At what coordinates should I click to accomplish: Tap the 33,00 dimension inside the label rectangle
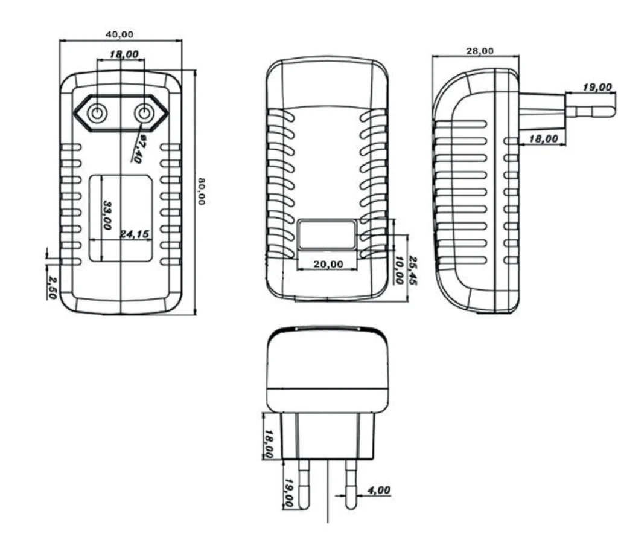click(x=107, y=215)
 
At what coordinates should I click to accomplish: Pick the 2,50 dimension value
click(x=53, y=288)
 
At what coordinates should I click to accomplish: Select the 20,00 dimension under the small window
click(x=328, y=264)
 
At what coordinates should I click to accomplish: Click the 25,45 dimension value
click(x=413, y=270)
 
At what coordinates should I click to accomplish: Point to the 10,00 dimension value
click(x=399, y=268)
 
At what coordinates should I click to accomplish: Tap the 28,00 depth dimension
click(x=480, y=51)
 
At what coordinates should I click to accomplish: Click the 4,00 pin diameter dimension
click(x=378, y=491)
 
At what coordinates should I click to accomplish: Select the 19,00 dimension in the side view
click(x=596, y=87)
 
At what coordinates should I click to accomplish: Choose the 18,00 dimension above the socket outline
click(x=124, y=54)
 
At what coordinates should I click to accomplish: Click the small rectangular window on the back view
click(x=327, y=235)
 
